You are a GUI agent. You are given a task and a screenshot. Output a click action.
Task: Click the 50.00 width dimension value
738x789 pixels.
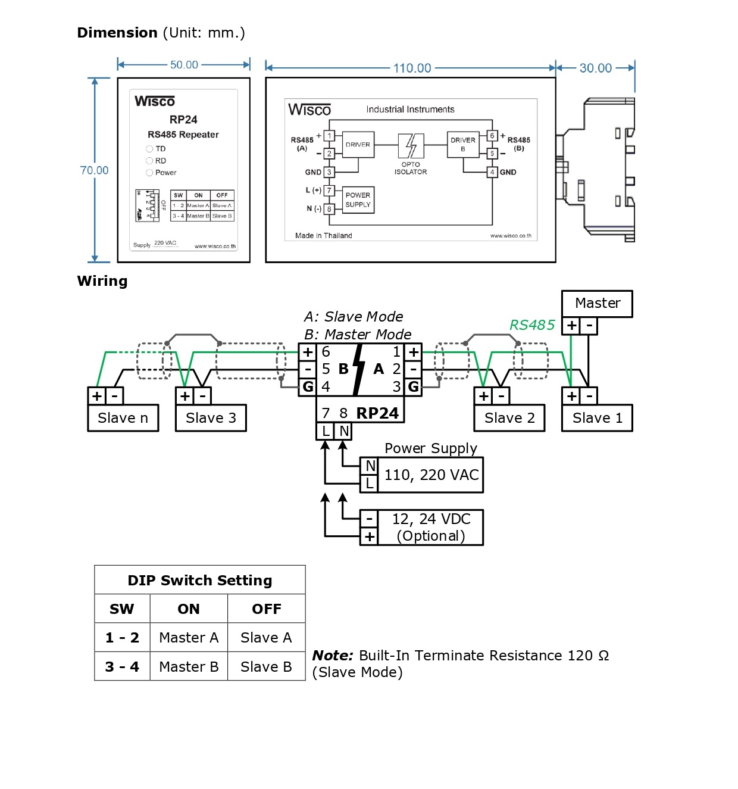184,65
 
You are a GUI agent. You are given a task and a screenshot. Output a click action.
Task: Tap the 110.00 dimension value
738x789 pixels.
412,68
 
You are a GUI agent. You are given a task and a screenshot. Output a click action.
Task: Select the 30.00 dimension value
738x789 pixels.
596,68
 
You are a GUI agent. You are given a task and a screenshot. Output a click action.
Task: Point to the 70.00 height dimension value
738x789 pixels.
94,170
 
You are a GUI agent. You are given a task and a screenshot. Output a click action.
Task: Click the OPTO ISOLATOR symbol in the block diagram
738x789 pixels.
411,146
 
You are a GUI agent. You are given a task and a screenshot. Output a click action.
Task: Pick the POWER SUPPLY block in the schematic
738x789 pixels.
358,200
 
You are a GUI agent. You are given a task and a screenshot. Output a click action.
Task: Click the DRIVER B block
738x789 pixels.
463,144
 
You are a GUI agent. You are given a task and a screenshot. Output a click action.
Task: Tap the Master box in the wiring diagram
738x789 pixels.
597,304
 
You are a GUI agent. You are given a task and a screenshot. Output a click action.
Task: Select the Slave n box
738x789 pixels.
123,418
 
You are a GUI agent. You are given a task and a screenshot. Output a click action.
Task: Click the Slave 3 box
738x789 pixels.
211,418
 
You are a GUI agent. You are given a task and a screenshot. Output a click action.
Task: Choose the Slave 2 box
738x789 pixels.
509,418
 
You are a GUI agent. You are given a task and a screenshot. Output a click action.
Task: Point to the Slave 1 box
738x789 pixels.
597,418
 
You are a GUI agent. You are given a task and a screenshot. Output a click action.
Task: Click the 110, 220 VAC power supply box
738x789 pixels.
431,475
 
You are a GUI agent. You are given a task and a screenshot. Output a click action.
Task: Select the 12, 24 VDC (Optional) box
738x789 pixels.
430,528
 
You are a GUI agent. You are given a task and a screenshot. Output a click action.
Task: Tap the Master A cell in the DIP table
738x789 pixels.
189,638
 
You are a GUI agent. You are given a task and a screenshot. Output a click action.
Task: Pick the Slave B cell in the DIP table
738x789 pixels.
266,667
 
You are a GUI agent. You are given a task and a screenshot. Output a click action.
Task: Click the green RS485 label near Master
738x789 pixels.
531,325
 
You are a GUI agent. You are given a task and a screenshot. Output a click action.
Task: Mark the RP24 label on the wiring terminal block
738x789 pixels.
377,413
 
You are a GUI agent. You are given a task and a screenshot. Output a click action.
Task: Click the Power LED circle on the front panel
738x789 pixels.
149,173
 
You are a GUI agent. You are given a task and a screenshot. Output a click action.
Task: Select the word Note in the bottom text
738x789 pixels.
333,656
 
